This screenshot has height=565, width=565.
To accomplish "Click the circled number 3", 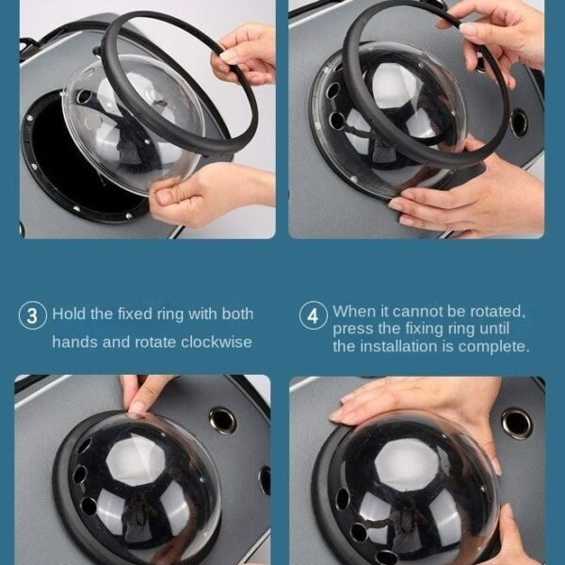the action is [32, 315].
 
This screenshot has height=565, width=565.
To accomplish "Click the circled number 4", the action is [314, 315].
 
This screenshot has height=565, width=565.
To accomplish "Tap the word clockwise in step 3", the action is [217, 342].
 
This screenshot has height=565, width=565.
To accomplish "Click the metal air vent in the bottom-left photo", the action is [222, 420].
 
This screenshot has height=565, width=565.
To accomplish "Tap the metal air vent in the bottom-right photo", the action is [517, 423].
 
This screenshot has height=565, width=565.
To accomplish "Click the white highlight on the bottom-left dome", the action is [136, 457].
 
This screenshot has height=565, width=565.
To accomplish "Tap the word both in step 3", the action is [237, 314].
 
